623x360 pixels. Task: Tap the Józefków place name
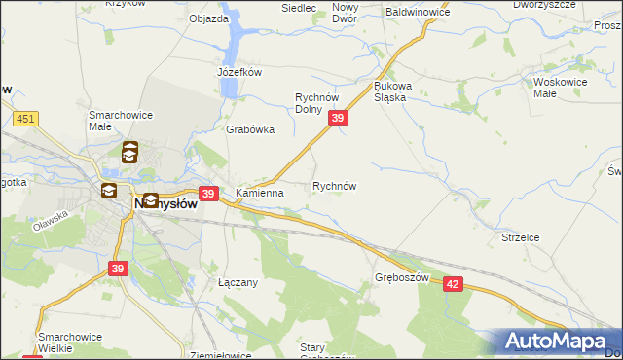click(x=239, y=72)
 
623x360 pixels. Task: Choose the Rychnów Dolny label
click(x=315, y=103)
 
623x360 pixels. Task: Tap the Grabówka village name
click(x=250, y=129)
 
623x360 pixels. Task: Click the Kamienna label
click(x=259, y=193)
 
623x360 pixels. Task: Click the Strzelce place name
click(x=521, y=236)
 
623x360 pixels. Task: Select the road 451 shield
click(x=26, y=119)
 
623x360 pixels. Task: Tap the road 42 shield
click(x=451, y=282)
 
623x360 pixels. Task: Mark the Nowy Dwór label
click(x=345, y=13)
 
